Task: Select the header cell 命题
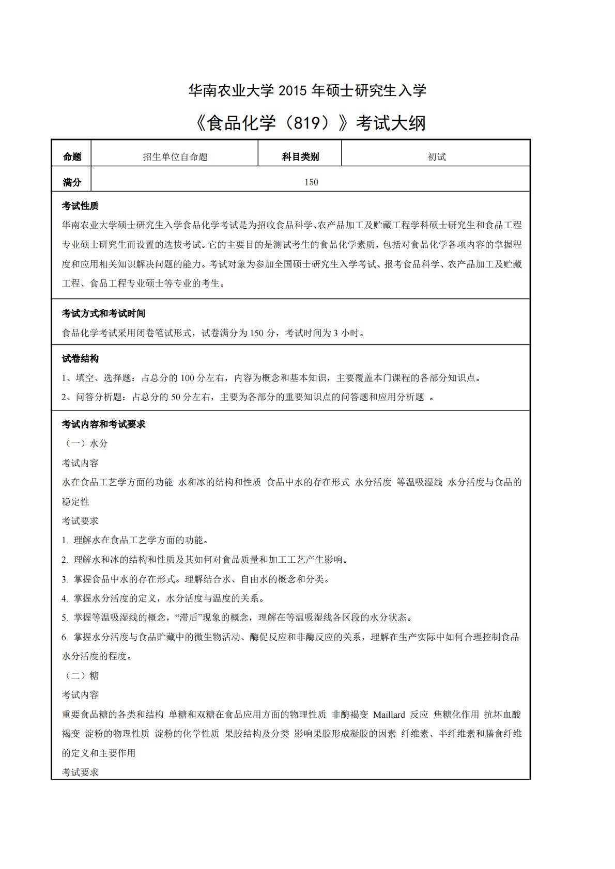72,157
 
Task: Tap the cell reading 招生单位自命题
175,157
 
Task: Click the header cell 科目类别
300,157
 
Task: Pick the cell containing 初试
436,157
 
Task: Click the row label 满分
72,182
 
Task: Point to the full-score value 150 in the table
311,182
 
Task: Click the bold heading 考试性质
80,206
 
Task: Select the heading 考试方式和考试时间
103,313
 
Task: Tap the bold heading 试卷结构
80,359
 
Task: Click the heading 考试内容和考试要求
103,424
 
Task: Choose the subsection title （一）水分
85,444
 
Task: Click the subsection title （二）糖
81,676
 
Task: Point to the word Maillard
389,715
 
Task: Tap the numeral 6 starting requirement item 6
64,637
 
